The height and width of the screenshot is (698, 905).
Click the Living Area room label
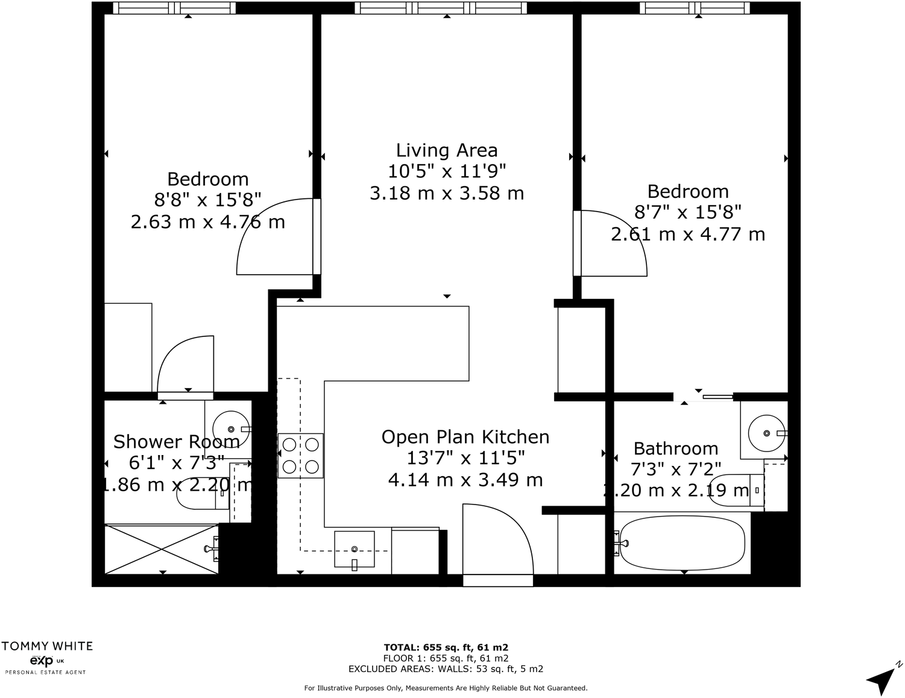tap(447, 151)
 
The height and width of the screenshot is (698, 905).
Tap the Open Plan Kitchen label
tap(465, 437)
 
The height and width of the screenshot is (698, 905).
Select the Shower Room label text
tap(176, 442)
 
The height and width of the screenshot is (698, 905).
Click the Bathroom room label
tap(675, 449)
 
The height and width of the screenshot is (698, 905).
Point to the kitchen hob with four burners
tap(300, 456)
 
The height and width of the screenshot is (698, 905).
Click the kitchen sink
tap(355, 549)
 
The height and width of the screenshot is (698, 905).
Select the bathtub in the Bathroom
tap(682, 543)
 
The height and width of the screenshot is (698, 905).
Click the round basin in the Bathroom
tap(766, 433)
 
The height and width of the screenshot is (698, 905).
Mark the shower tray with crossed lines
tap(161, 549)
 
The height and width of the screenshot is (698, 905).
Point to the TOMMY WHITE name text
tap(47, 646)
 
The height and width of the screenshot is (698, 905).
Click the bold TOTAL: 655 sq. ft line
tap(446, 648)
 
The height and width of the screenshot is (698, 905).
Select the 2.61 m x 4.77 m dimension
tap(687, 234)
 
